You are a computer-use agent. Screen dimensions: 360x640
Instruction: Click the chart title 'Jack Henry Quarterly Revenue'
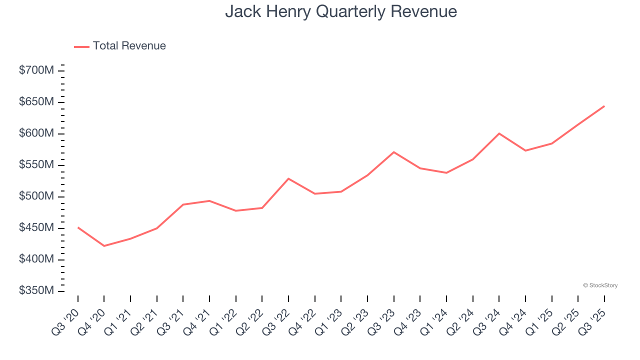[x=340, y=11]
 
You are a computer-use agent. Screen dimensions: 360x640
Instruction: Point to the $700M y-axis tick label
[x=36, y=70]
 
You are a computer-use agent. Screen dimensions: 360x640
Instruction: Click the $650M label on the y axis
[x=36, y=102]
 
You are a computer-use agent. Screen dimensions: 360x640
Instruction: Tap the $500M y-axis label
[x=36, y=196]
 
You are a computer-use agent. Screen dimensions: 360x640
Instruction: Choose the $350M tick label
[x=36, y=291]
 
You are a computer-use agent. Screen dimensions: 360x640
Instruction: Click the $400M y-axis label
[x=36, y=259]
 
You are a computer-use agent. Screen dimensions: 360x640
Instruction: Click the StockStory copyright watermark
[x=600, y=285]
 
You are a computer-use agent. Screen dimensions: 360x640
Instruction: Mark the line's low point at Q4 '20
[x=104, y=246]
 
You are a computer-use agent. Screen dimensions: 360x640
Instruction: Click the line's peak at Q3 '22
[x=288, y=178]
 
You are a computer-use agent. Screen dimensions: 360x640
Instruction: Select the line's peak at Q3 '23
[x=394, y=152]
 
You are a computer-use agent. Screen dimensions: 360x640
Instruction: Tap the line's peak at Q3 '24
[x=499, y=133]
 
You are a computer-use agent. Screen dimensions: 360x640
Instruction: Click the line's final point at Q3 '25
[x=604, y=106]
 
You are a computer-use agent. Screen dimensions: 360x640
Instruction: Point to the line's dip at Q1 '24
[x=446, y=173]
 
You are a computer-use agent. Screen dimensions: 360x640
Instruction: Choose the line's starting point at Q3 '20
[x=78, y=227]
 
